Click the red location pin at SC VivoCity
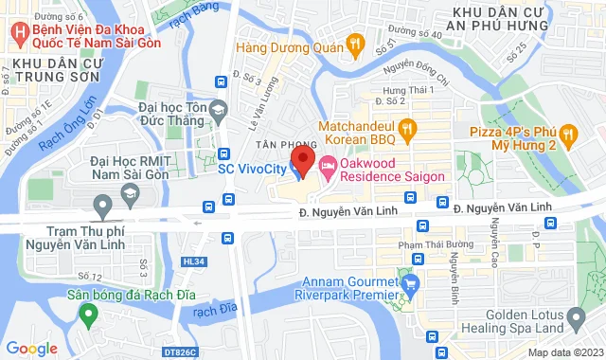pyautogui.click(x=301, y=158)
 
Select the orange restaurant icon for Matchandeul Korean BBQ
pyautogui.click(x=406, y=126)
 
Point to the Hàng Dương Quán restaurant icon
pyautogui.click(x=355, y=42)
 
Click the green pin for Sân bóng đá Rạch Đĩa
pyautogui.click(x=88, y=314)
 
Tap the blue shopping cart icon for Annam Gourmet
pyautogui.click(x=410, y=282)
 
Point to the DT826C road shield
pyautogui.click(x=179, y=352)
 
